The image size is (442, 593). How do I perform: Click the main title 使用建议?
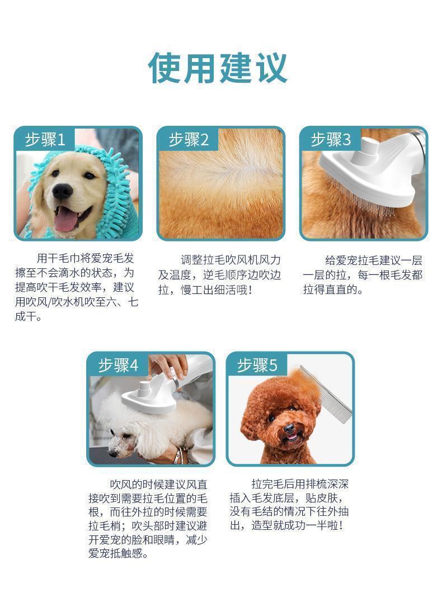[218, 68]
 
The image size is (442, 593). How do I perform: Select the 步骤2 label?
[189, 139]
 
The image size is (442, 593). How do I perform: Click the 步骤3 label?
[331, 139]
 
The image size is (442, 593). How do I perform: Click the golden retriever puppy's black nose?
[62, 192]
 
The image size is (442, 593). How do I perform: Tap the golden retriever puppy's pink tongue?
[65, 220]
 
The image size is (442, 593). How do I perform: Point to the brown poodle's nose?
[289, 429]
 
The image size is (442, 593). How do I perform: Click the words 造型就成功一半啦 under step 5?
[291, 526]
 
